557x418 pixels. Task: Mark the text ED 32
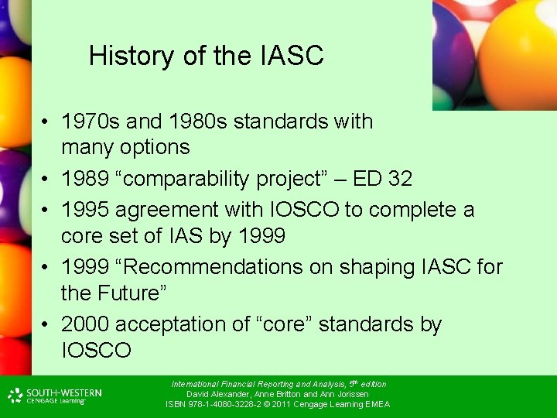click(x=382, y=179)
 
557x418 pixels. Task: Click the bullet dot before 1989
click(x=47, y=180)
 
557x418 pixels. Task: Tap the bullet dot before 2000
click(x=47, y=325)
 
